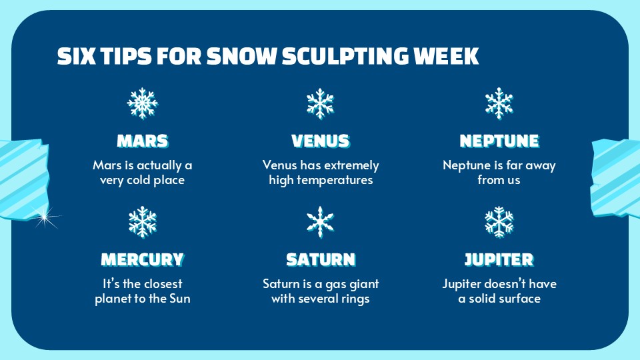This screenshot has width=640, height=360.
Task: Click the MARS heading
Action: point(142,141)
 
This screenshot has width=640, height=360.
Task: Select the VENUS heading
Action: point(320,141)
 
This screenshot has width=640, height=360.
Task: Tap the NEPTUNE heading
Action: point(499,141)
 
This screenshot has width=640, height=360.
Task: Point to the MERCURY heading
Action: point(142,259)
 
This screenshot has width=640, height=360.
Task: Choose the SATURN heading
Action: point(320,259)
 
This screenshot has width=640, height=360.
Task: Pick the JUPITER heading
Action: point(499,259)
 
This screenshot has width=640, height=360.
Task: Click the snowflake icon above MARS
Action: point(142,103)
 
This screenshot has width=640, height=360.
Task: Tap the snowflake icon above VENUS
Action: point(320,103)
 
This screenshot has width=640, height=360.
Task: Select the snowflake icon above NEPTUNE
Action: point(499,103)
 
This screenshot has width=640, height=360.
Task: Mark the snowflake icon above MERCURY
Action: point(142,222)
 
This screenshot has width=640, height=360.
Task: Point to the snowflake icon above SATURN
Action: point(320,222)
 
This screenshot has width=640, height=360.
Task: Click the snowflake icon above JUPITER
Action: point(499,222)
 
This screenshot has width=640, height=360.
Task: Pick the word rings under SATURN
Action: point(355,299)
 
